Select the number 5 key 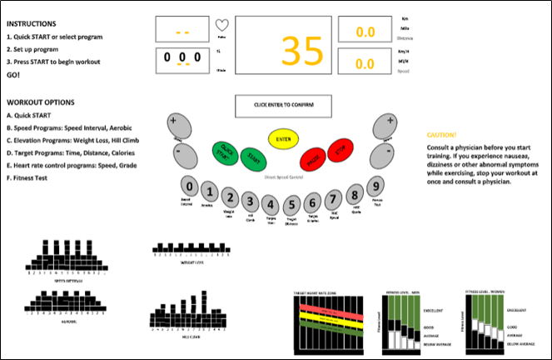291,204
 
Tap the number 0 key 191,187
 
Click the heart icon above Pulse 221,25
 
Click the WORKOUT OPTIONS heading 42,102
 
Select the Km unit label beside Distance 405,17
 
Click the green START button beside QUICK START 251,157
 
